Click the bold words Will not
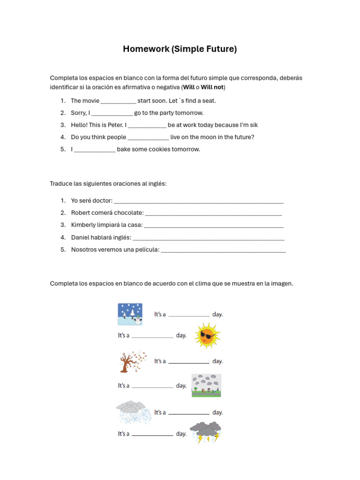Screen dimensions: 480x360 click(212, 88)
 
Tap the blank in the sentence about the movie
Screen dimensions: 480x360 click(118, 101)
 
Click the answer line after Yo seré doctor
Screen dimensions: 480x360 click(199, 202)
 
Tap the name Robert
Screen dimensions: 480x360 click(81, 213)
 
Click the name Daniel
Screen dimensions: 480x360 click(81, 238)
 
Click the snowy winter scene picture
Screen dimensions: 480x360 click(130, 314)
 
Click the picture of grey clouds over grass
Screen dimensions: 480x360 click(206, 385)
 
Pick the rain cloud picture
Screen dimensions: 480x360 click(133, 412)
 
